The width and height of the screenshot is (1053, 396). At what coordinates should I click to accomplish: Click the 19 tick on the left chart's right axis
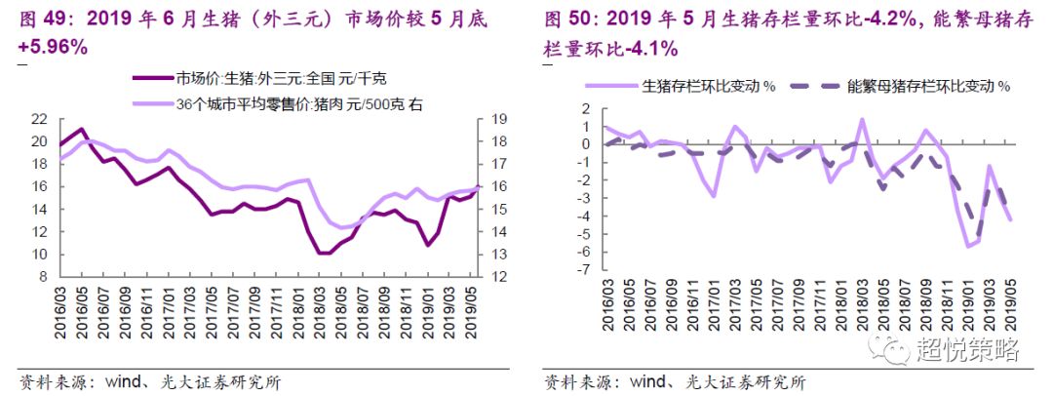[x=497, y=119]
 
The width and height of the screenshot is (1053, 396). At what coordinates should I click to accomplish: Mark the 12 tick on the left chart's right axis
[x=497, y=277]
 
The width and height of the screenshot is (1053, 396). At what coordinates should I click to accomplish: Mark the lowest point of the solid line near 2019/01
[x=968, y=246]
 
